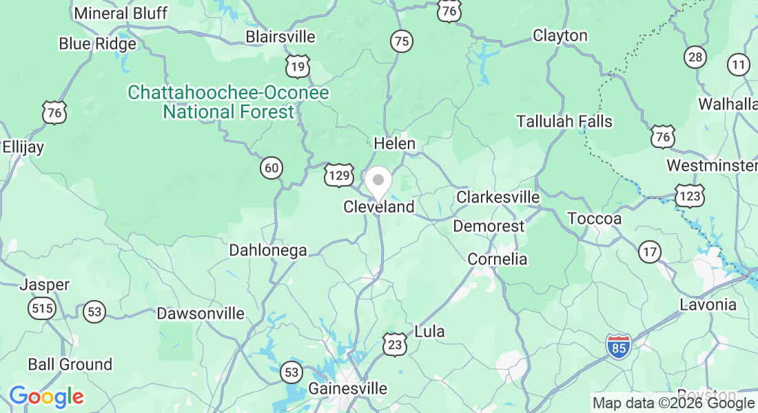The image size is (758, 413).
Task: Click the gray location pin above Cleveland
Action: pos(378,182)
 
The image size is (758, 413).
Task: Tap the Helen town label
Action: pos(394,144)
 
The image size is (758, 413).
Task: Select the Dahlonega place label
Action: pos(268,251)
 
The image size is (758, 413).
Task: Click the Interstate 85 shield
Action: pos(618,346)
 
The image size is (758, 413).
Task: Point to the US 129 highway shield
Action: pos(339,176)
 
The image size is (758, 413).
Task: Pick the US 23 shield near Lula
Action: pos(395,344)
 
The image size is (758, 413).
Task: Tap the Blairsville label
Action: pos(280,36)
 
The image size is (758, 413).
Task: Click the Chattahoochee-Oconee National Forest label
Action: pos(229,102)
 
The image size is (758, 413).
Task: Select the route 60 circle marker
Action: pos(272,167)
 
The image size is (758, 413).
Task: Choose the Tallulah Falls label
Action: pos(564,121)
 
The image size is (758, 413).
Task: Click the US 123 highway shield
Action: pos(690,195)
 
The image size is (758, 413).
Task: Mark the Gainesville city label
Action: pos(347,388)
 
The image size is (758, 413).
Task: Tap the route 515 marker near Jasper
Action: pos(42,308)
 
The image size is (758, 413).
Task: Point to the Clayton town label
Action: pos(560,35)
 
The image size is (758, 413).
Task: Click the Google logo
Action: pos(46,396)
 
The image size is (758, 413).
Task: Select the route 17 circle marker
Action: pos(649,252)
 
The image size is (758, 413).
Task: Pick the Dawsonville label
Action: pos(201,313)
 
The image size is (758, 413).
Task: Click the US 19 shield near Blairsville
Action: pos(298,66)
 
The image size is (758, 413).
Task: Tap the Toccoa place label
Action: pos(594,219)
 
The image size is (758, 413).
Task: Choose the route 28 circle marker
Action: pos(695,56)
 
